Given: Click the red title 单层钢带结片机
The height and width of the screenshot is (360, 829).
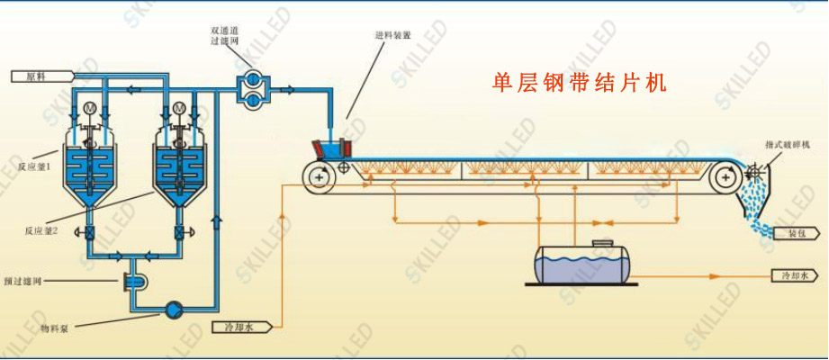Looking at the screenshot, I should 580,84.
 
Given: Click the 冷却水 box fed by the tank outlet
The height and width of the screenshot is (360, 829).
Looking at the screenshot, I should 796,275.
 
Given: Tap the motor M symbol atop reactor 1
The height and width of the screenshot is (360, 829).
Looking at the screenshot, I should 89,110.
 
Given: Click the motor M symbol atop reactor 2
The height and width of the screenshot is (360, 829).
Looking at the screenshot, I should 178,110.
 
